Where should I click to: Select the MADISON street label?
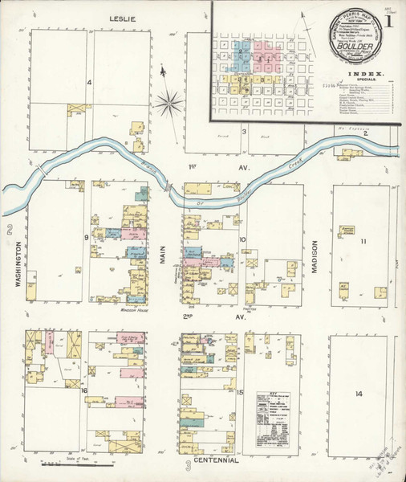[315, 259]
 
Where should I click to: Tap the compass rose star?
[168, 102]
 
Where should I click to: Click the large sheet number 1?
[391, 22]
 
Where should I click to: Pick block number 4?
[90, 83]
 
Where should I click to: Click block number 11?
[363, 241]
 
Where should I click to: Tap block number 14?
[359, 394]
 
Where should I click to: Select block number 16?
[83, 390]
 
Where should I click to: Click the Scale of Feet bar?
[76, 464]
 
